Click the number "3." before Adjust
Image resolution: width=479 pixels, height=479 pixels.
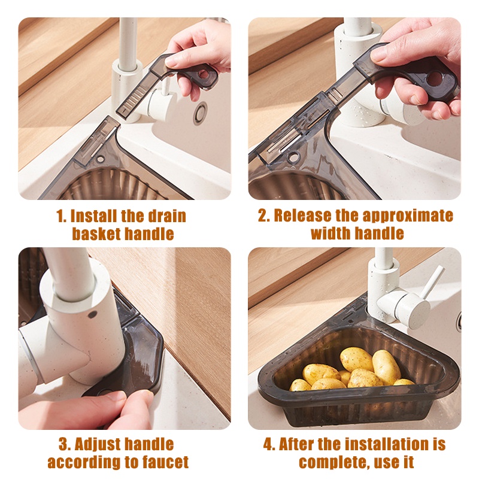[x=65, y=444]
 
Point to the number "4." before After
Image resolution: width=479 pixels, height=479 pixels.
[x=269, y=444]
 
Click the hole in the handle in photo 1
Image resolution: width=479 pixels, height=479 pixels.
[x=204, y=74]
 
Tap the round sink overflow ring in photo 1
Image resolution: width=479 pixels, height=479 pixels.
[x=201, y=114]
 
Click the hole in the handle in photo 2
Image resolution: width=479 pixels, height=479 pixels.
[x=434, y=79]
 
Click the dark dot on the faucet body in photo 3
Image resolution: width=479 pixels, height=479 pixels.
[x=92, y=314]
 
